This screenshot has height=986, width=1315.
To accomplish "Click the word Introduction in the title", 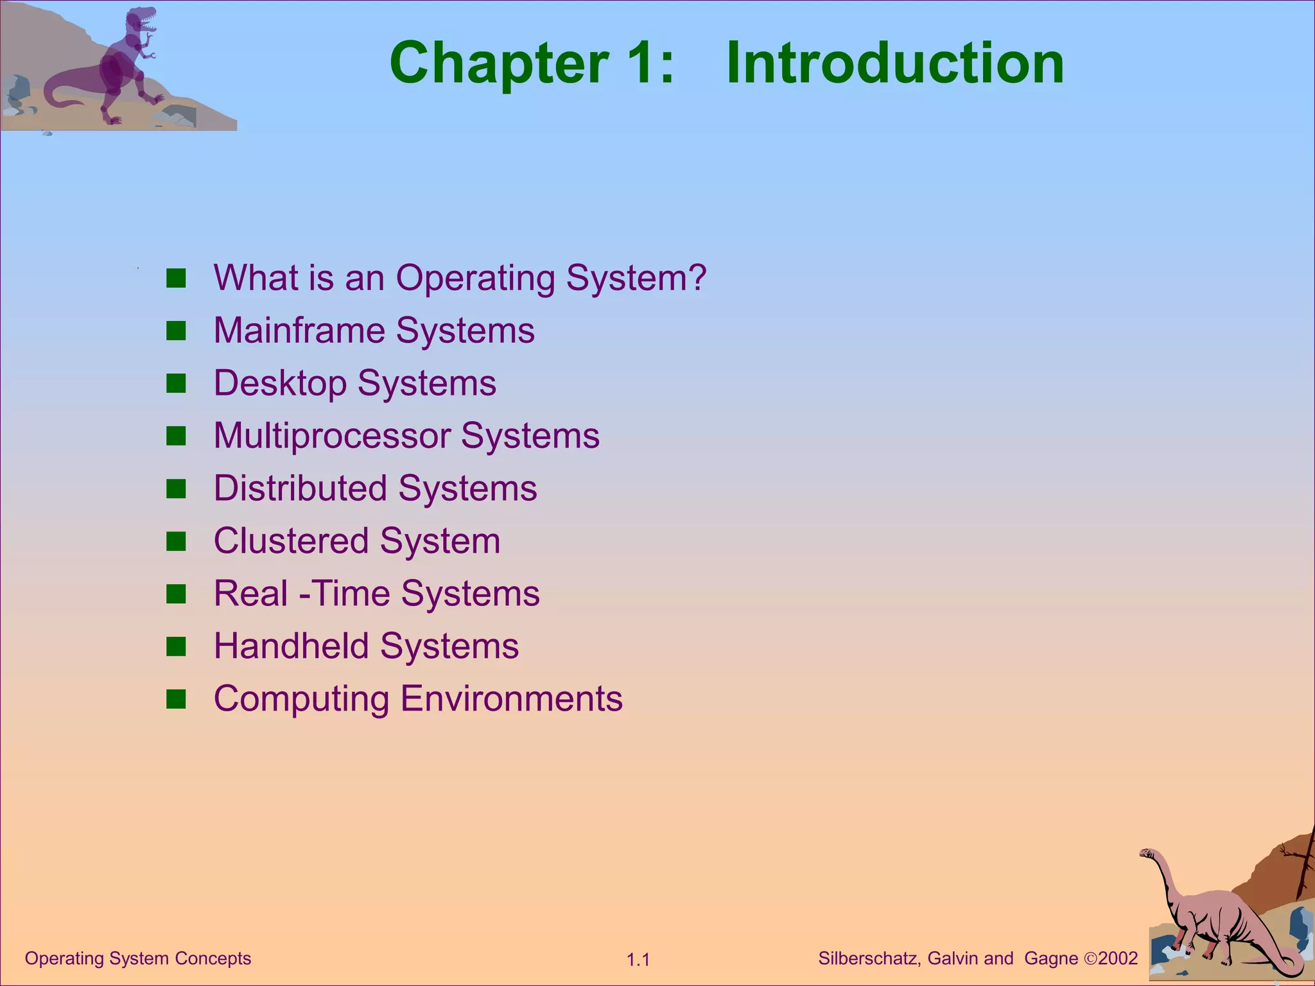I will (895, 63).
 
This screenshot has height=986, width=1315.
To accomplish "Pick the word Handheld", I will (290, 646).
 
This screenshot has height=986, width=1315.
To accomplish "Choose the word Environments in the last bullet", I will (511, 698).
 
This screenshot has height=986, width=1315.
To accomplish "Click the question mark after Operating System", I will (696, 278).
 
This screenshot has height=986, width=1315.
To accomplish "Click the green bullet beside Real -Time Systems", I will (176, 594).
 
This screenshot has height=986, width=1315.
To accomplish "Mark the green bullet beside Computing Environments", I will (176, 699).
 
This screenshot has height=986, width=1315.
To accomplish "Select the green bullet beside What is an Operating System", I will (176, 279).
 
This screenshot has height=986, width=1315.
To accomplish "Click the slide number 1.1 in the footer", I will (638, 960).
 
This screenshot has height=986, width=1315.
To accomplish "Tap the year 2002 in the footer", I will (1118, 958).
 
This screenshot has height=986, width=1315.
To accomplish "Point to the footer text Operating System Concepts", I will (137, 958).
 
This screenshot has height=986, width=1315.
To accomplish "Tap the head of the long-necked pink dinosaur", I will (1147, 854).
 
